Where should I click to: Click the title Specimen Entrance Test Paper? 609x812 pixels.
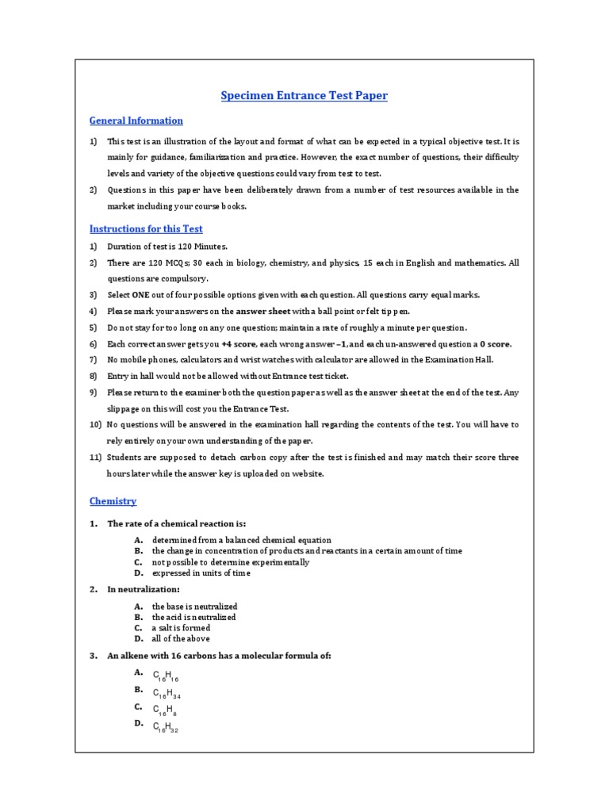coord(304,96)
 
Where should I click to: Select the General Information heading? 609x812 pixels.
coord(136,121)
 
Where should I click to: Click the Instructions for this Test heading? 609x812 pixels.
coord(146,229)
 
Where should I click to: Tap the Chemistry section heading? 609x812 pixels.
coord(113,501)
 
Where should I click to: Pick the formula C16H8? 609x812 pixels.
coord(164,710)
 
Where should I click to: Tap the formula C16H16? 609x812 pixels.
coord(166,676)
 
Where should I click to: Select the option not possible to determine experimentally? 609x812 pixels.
coord(231,562)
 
